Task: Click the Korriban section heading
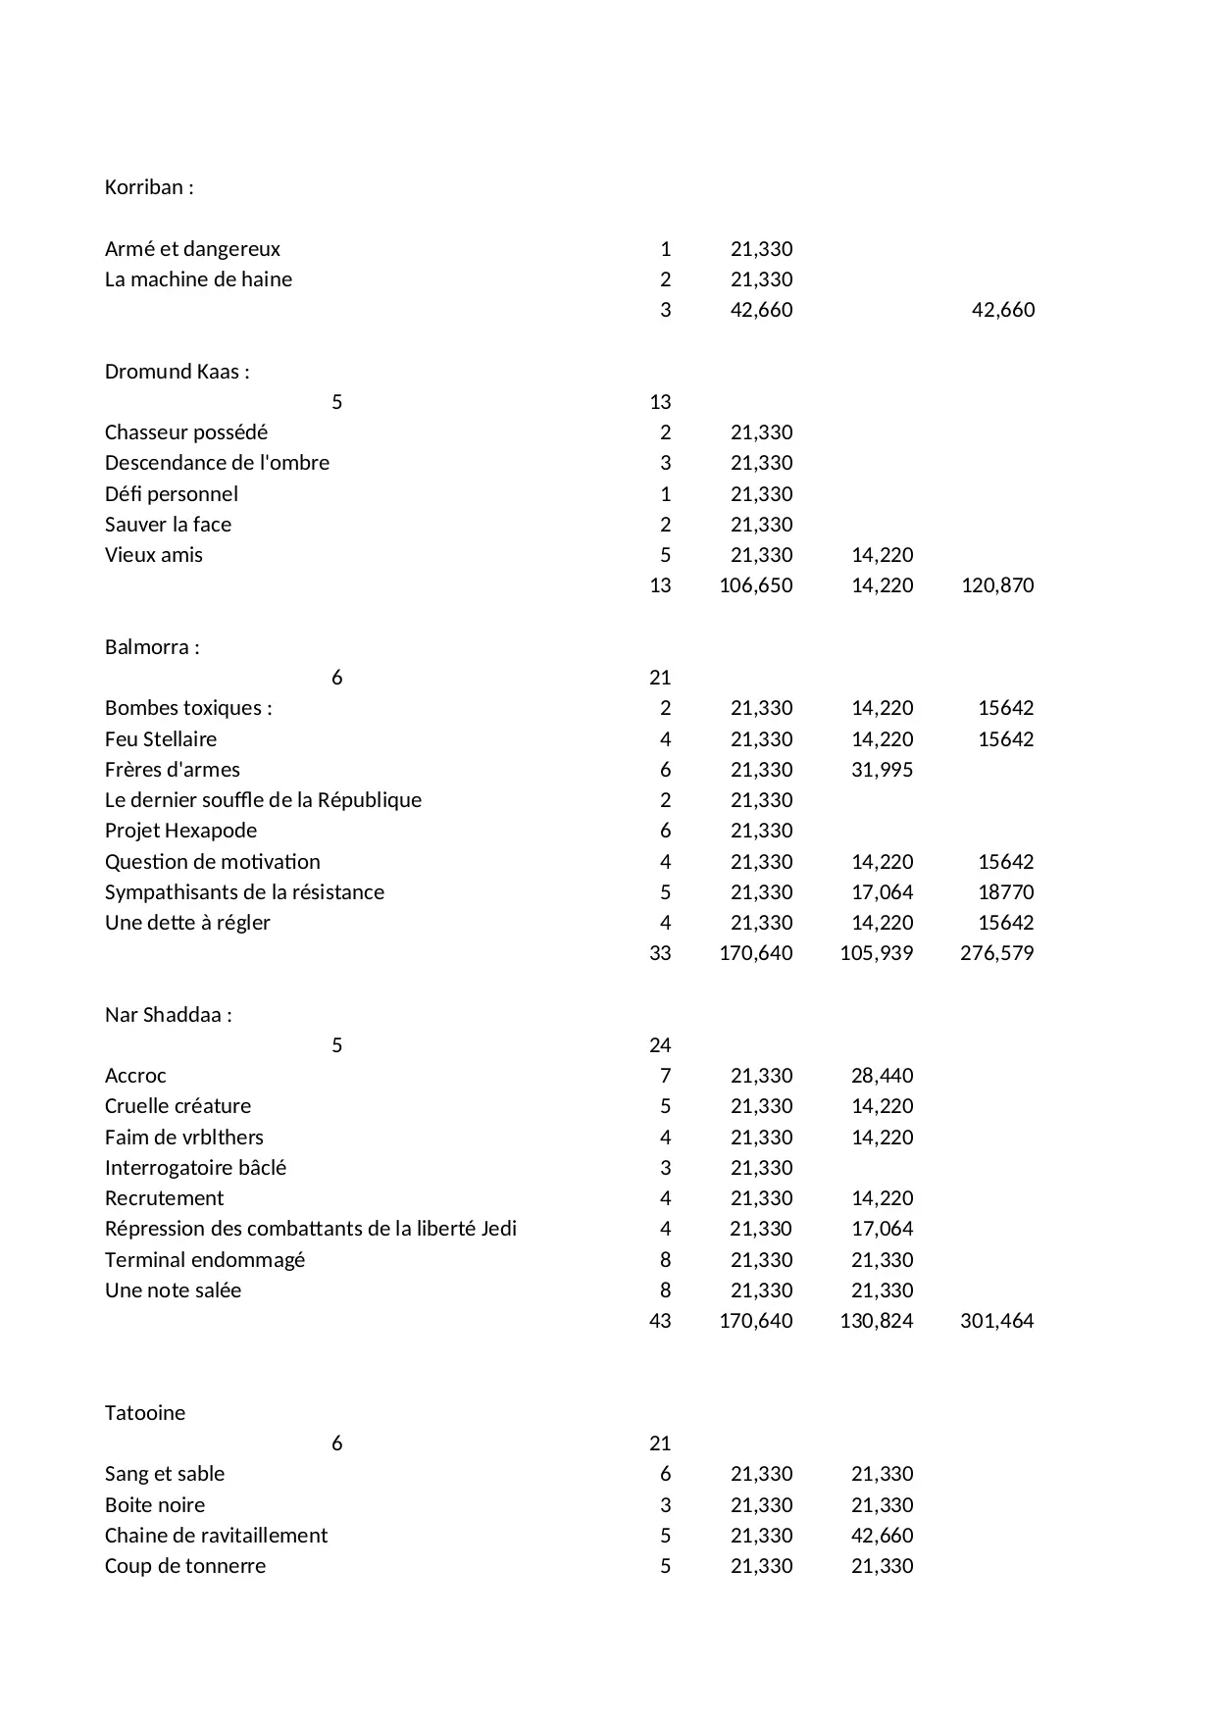(149, 187)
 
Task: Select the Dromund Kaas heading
(177, 372)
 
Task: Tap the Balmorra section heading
(152, 647)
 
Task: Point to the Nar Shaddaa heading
(168, 1015)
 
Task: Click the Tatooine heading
(145, 1413)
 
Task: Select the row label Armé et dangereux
(192, 249)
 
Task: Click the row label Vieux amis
(154, 555)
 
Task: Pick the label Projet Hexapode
(180, 831)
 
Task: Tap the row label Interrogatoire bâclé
(195, 1168)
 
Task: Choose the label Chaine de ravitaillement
(216, 1536)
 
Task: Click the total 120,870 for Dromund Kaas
(997, 585)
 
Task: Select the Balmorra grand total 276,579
(996, 953)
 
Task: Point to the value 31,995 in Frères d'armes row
(882, 770)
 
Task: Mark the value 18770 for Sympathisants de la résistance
(1005, 892)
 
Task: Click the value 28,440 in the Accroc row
(882, 1076)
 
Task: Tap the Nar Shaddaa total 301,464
(996, 1321)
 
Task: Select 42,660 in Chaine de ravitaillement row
(882, 1536)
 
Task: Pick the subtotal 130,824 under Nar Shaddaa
(876, 1321)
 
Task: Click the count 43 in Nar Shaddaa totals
(660, 1321)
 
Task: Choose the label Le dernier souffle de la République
(263, 800)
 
